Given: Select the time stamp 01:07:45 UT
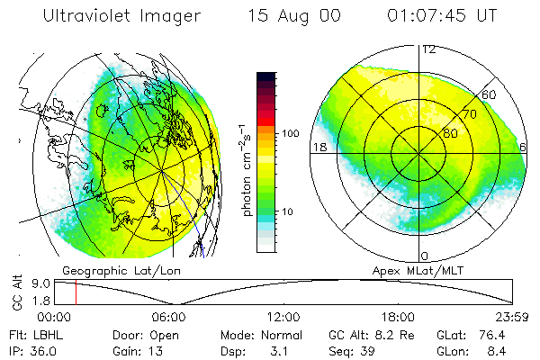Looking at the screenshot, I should tap(441, 16).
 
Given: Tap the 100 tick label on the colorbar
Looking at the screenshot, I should tap(290, 133).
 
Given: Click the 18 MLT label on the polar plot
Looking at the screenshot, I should tap(319, 147).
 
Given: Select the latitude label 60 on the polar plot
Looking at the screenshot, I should tap(490, 94).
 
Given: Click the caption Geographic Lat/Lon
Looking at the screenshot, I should tap(115, 270).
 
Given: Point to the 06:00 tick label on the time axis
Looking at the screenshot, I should tap(169, 317).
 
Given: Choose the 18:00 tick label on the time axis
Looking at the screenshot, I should tap(398, 317).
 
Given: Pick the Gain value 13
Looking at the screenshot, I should tap(157, 348).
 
